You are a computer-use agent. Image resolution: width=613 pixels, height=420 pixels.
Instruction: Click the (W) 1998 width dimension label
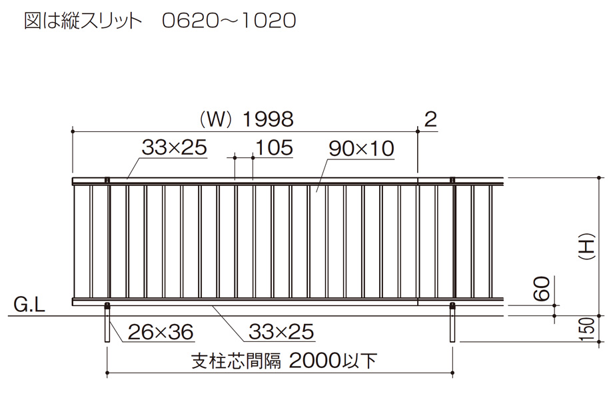coord(246,119)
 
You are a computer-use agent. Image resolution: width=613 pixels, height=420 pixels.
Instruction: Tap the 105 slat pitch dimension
coord(274,148)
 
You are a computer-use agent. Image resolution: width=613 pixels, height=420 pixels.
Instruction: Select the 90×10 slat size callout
coord(361,149)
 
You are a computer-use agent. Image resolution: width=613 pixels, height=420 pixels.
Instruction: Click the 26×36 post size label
coord(161,333)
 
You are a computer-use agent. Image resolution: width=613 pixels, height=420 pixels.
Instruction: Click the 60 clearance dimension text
coord(542,288)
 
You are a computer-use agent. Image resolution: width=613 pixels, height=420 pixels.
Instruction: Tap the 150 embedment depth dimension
coord(586,329)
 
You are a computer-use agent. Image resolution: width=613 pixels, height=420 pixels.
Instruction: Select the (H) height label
coord(586,247)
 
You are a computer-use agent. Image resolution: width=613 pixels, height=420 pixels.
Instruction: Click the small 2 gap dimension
coord(430,119)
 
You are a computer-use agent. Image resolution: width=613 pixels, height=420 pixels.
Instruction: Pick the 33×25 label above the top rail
coord(175,148)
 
